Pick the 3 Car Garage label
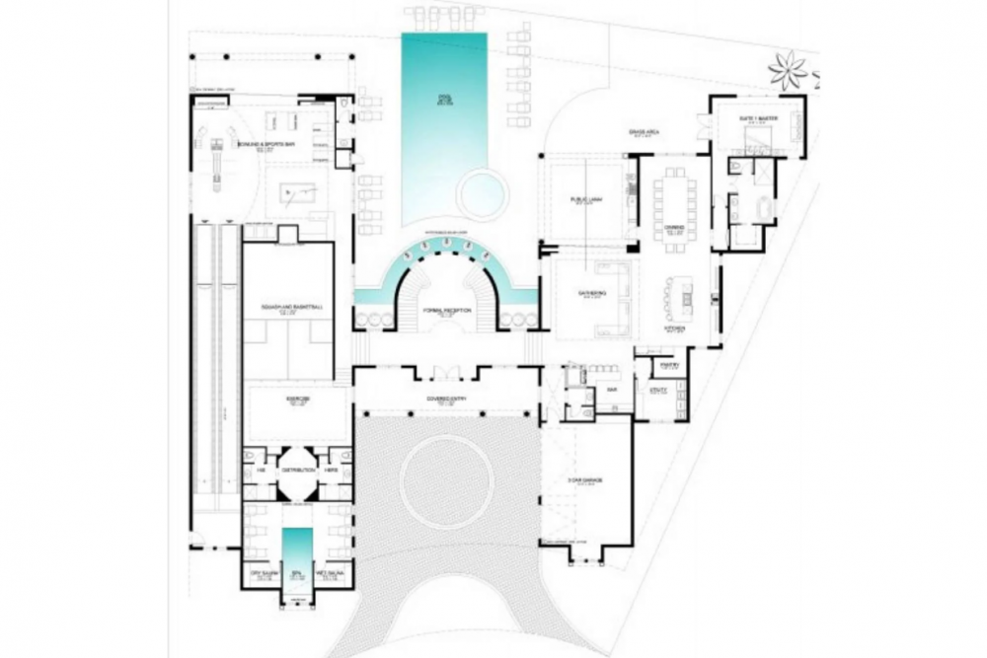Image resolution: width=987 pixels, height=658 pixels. coord(586,481)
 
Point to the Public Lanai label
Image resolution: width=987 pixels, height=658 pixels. coord(586,200)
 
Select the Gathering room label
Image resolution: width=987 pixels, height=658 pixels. coord(591,293)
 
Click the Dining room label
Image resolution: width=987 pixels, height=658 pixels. coord(675,228)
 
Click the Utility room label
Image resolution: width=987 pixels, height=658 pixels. coord(658,391)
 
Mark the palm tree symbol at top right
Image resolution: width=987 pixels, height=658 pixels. coord(789,70)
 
